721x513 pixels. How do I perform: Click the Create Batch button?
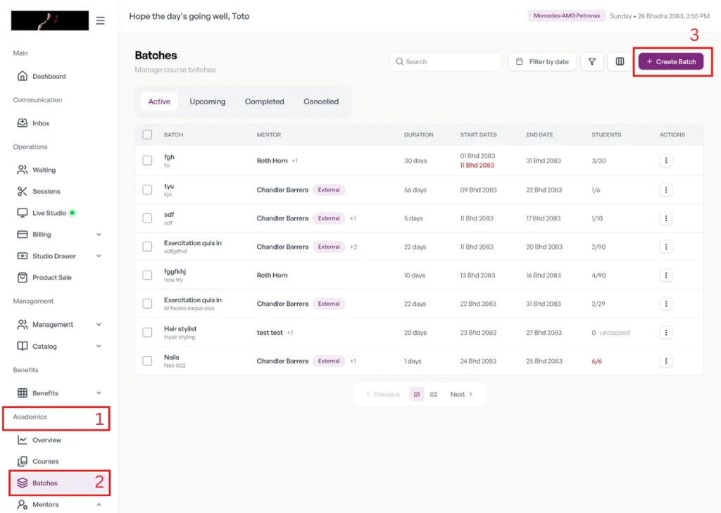tap(670, 61)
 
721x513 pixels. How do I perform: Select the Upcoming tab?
tap(208, 101)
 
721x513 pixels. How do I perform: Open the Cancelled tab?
tap(321, 101)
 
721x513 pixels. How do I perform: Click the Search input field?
tap(446, 61)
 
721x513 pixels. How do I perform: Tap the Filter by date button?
tap(542, 61)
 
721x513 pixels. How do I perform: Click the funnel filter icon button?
tap(591, 61)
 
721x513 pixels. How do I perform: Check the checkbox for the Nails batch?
tap(147, 361)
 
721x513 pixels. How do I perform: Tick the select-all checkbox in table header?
tap(147, 135)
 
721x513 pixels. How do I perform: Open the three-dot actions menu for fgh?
tap(666, 161)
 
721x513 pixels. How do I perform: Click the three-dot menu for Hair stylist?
tap(666, 333)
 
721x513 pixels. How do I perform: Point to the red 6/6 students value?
tap(596, 361)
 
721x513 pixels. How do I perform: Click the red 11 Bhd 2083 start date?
tap(477, 165)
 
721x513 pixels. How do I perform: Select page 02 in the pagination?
tap(434, 395)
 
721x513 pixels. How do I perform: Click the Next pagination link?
tap(461, 395)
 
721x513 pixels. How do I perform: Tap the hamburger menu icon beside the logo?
tap(100, 20)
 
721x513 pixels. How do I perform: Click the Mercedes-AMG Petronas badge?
tap(567, 16)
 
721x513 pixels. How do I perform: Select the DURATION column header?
tap(418, 135)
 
